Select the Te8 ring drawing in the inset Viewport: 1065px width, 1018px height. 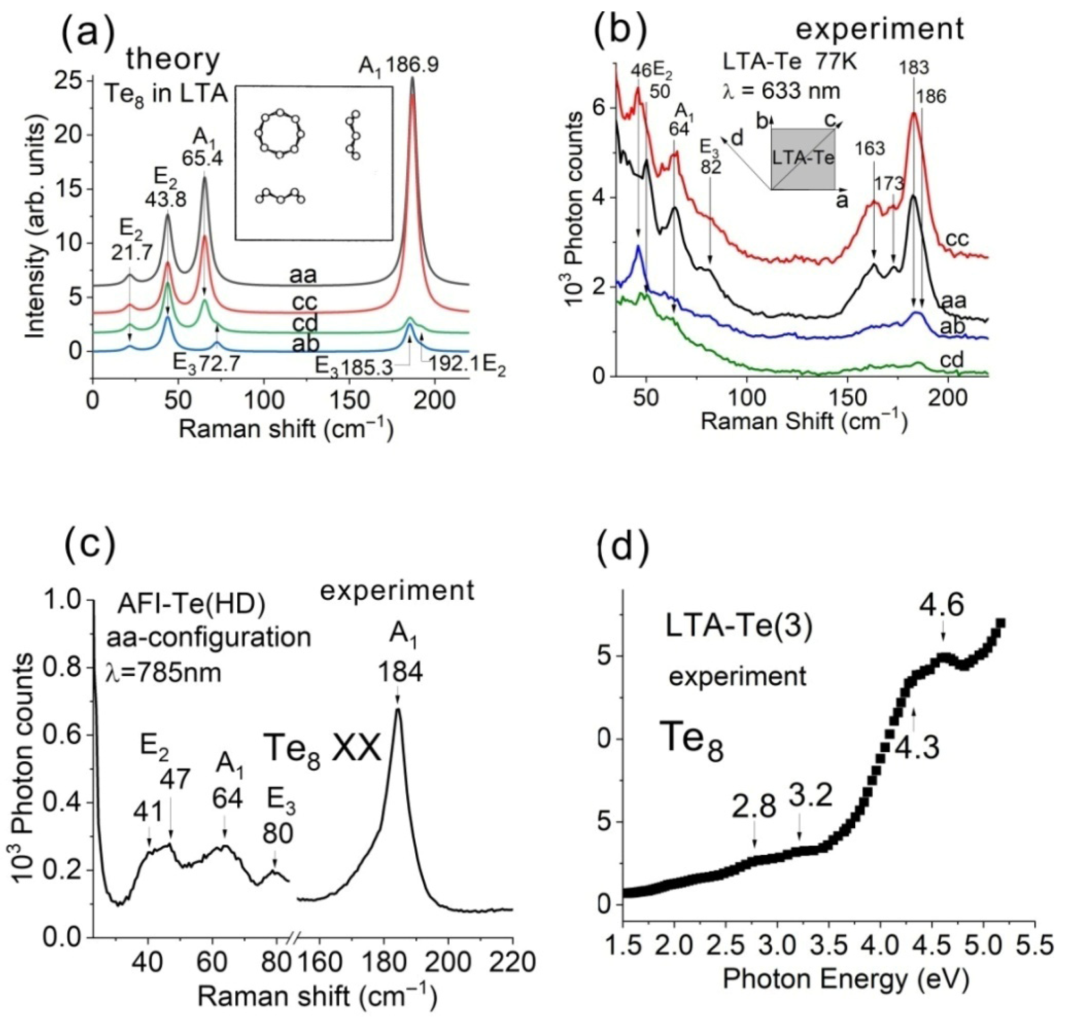coord(279,133)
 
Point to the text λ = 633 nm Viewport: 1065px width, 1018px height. coord(781,91)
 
